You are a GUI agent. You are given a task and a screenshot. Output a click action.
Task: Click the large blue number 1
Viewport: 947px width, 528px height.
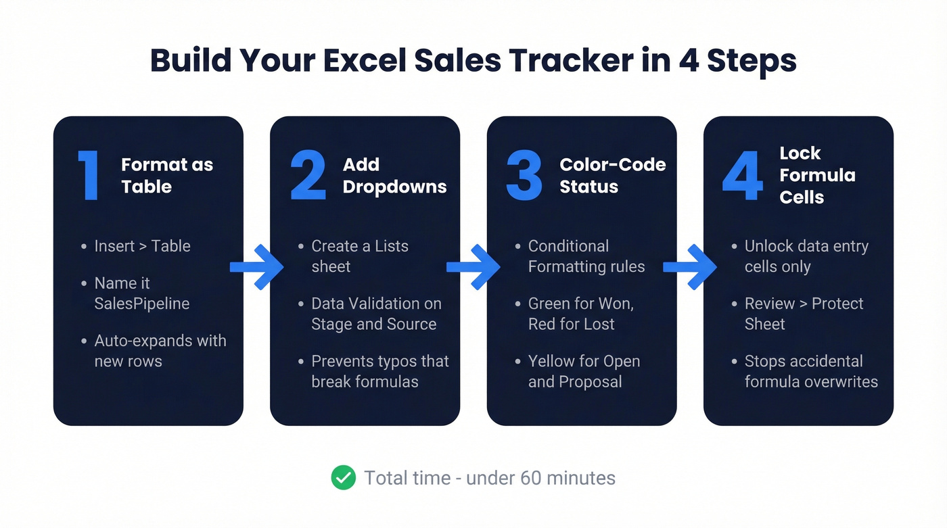(89, 176)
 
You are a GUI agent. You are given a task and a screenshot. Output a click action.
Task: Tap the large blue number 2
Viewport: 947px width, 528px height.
(308, 176)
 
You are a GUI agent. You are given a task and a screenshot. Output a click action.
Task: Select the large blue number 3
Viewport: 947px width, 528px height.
(524, 176)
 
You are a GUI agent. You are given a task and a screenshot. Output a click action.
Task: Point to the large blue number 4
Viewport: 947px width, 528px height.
(743, 176)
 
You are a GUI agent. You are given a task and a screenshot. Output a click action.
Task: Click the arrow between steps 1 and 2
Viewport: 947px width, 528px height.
(256, 267)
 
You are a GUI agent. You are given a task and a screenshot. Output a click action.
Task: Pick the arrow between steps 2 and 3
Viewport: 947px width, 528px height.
(473, 267)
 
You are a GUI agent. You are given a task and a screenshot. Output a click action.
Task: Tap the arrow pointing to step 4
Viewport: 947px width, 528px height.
(689, 267)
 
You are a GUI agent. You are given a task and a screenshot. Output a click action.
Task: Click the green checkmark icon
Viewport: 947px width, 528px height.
(344, 478)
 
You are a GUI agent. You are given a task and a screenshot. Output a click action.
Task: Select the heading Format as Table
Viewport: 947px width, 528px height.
(167, 176)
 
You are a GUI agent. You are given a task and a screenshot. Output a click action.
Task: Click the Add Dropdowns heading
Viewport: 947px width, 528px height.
(394, 176)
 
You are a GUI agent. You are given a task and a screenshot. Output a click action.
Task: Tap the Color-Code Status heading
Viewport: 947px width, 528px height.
(612, 176)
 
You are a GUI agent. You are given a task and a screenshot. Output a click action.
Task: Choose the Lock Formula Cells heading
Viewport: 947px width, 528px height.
(817, 175)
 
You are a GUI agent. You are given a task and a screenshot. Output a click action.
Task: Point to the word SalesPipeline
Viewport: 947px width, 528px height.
(142, 304)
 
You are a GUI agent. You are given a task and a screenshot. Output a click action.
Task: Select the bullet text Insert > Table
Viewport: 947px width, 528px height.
(142, 246)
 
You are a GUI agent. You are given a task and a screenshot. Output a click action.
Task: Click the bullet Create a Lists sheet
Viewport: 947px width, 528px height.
(359, 256)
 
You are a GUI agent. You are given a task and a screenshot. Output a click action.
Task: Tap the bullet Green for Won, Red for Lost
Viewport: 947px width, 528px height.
(580, 314)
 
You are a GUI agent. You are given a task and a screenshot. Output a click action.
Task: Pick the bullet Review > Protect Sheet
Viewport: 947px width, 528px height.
(804, 314)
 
